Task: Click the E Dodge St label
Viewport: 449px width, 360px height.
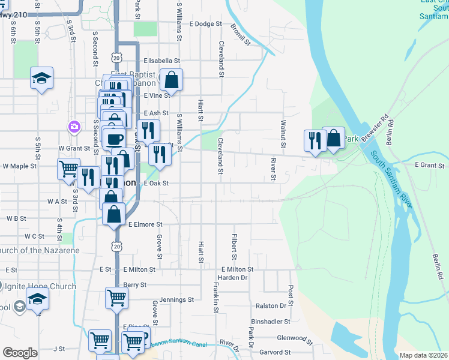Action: (205, 25)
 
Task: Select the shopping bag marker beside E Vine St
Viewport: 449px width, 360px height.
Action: (171, 81)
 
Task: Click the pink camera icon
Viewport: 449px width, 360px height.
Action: (74, 127)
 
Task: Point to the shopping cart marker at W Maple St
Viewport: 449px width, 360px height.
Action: (69, 169)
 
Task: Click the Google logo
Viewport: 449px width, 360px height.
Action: (20, 353)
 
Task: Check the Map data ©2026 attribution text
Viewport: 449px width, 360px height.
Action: (423, 355)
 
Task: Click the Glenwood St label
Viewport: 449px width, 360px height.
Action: (288, 338)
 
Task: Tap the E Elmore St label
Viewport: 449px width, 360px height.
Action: (145, 224)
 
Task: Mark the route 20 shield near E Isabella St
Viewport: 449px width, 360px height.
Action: (116, 56)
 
